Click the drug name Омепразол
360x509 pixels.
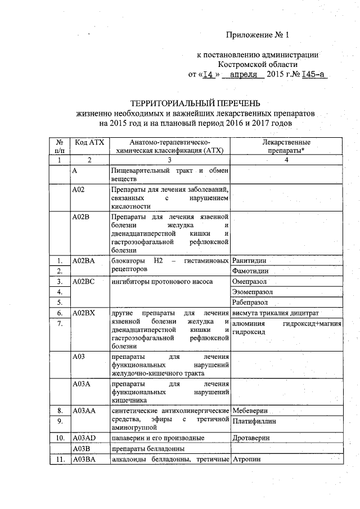click(x=251, y=281)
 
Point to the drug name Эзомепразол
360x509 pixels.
click(x=255, y=292)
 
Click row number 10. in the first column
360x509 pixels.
click(x=59, y=437)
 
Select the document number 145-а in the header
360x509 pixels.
click(x=314, y=74)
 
